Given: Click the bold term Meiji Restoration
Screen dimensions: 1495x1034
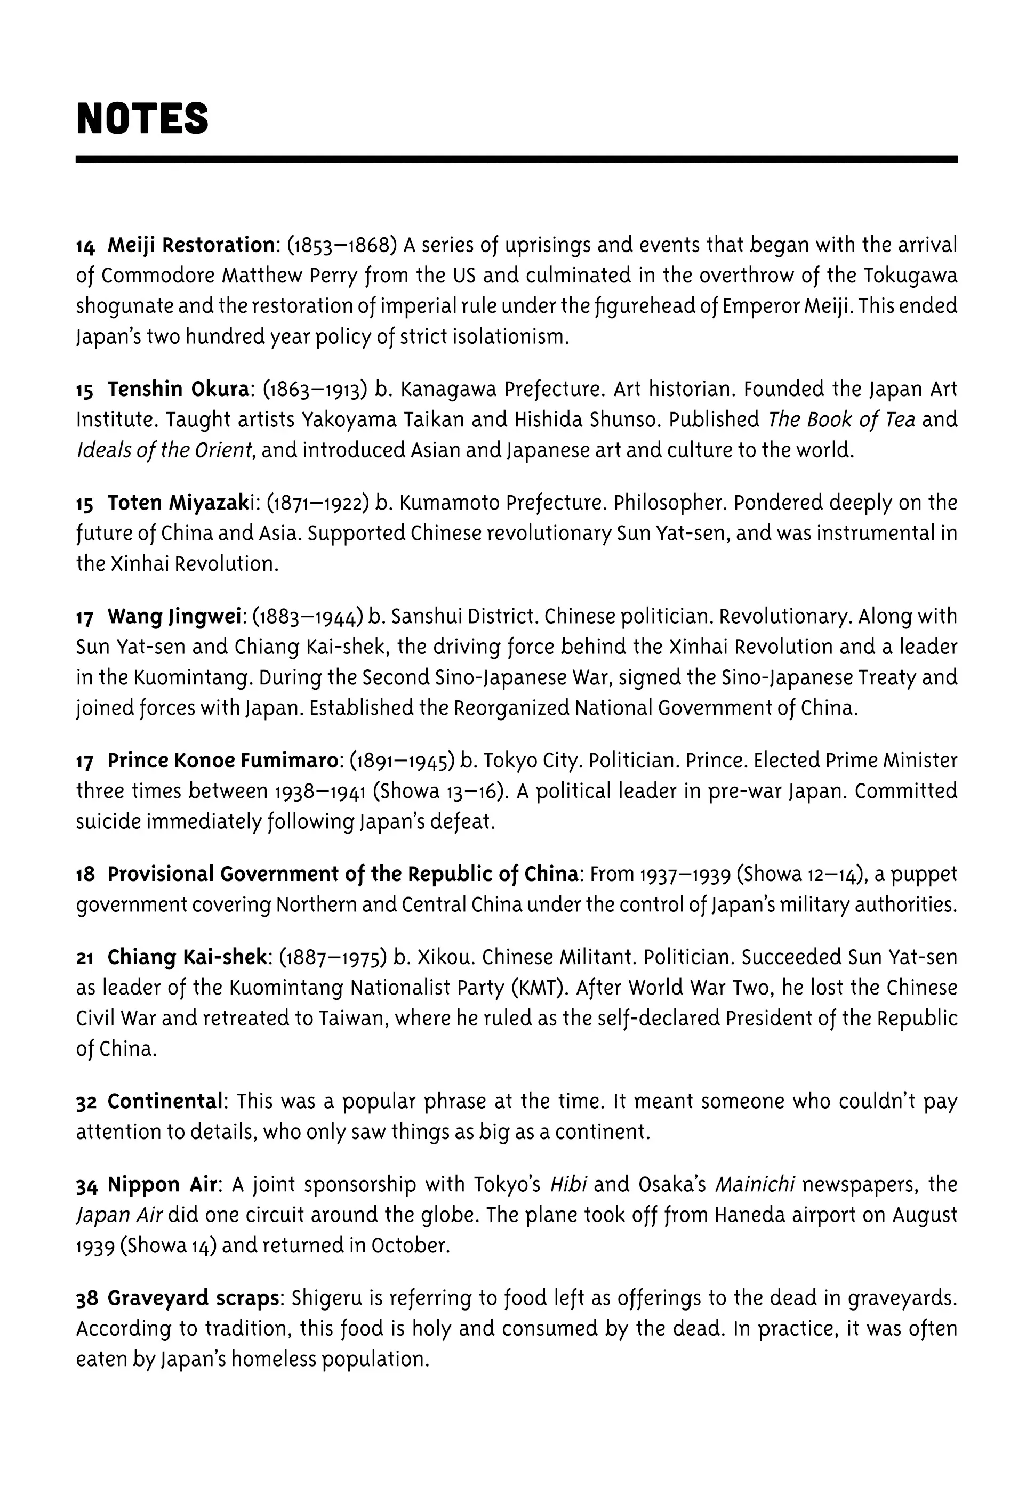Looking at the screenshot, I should click(x=191, y=245).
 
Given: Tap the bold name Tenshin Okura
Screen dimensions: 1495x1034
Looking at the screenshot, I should click(x=178, y=389).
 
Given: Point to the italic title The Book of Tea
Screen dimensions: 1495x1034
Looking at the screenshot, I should click(x=841, y=419).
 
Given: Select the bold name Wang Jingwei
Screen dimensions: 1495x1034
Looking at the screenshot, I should click(x=174, y=617).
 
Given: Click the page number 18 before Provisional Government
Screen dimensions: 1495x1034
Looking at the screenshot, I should click(x=85, y=874).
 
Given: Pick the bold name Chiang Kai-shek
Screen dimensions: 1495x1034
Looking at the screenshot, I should click(x=187, y=957).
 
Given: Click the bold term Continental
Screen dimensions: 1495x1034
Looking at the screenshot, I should click(x=165, y=1101).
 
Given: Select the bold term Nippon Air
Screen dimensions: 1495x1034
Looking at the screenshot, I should click(x=162, y=1184).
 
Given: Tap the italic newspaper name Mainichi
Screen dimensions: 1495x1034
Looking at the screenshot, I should click(x=755, y=1184).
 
